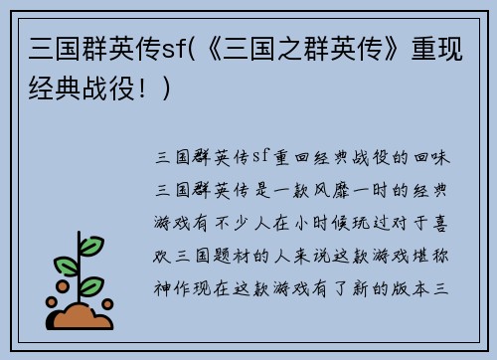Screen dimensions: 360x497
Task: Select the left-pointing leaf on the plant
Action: coord(66,266)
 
